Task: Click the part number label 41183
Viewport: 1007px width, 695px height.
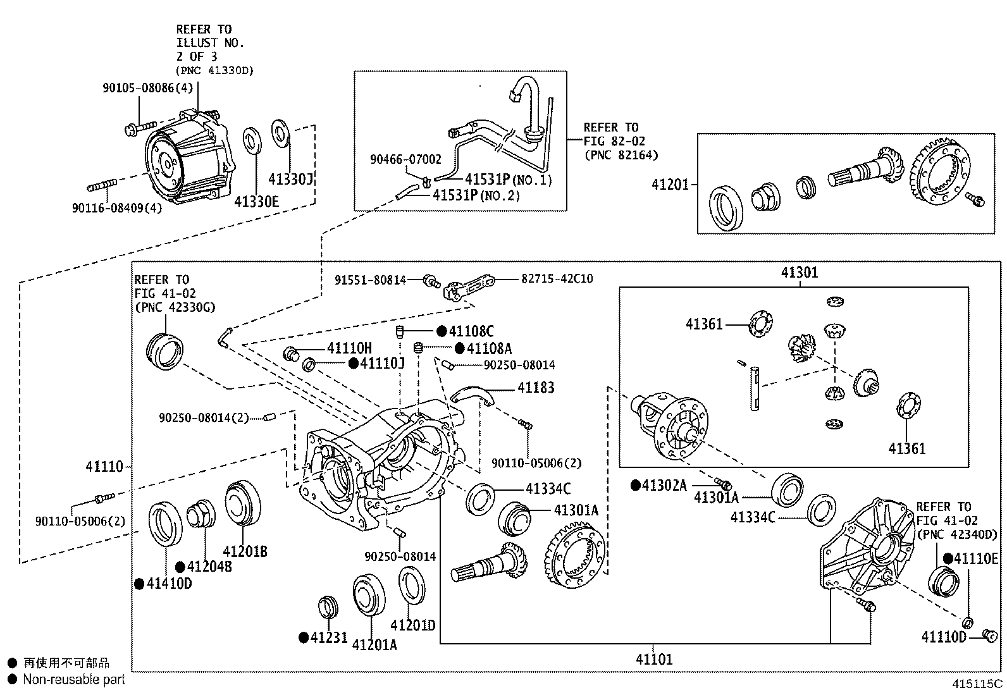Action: pos(536,387)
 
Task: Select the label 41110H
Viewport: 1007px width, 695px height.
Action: pos(349,348)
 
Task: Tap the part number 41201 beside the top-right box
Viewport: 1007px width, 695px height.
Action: pos(670,185)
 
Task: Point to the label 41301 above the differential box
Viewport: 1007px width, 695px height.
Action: pos(799,273)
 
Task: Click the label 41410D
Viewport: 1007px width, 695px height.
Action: pos(169,583)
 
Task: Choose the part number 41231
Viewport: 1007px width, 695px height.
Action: pos(329,637)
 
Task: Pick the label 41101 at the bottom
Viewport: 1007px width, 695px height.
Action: pos(654,660)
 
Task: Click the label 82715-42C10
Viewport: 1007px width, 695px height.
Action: pos(557,278)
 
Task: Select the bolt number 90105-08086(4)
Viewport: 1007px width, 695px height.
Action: pos(147,88)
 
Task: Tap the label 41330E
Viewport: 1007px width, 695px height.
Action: pos(256,201)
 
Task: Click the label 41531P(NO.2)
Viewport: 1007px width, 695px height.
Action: pos(476,195)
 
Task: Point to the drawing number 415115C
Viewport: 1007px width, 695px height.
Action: pos(978,684)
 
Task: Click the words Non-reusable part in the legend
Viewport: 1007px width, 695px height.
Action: pos(74,679)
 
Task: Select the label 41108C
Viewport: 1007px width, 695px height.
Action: pos(471,331)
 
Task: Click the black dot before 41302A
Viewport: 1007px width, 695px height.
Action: pos(635,485)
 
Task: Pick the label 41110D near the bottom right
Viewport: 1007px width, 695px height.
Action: pos(943,636)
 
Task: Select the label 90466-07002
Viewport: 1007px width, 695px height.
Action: pos(405,160)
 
